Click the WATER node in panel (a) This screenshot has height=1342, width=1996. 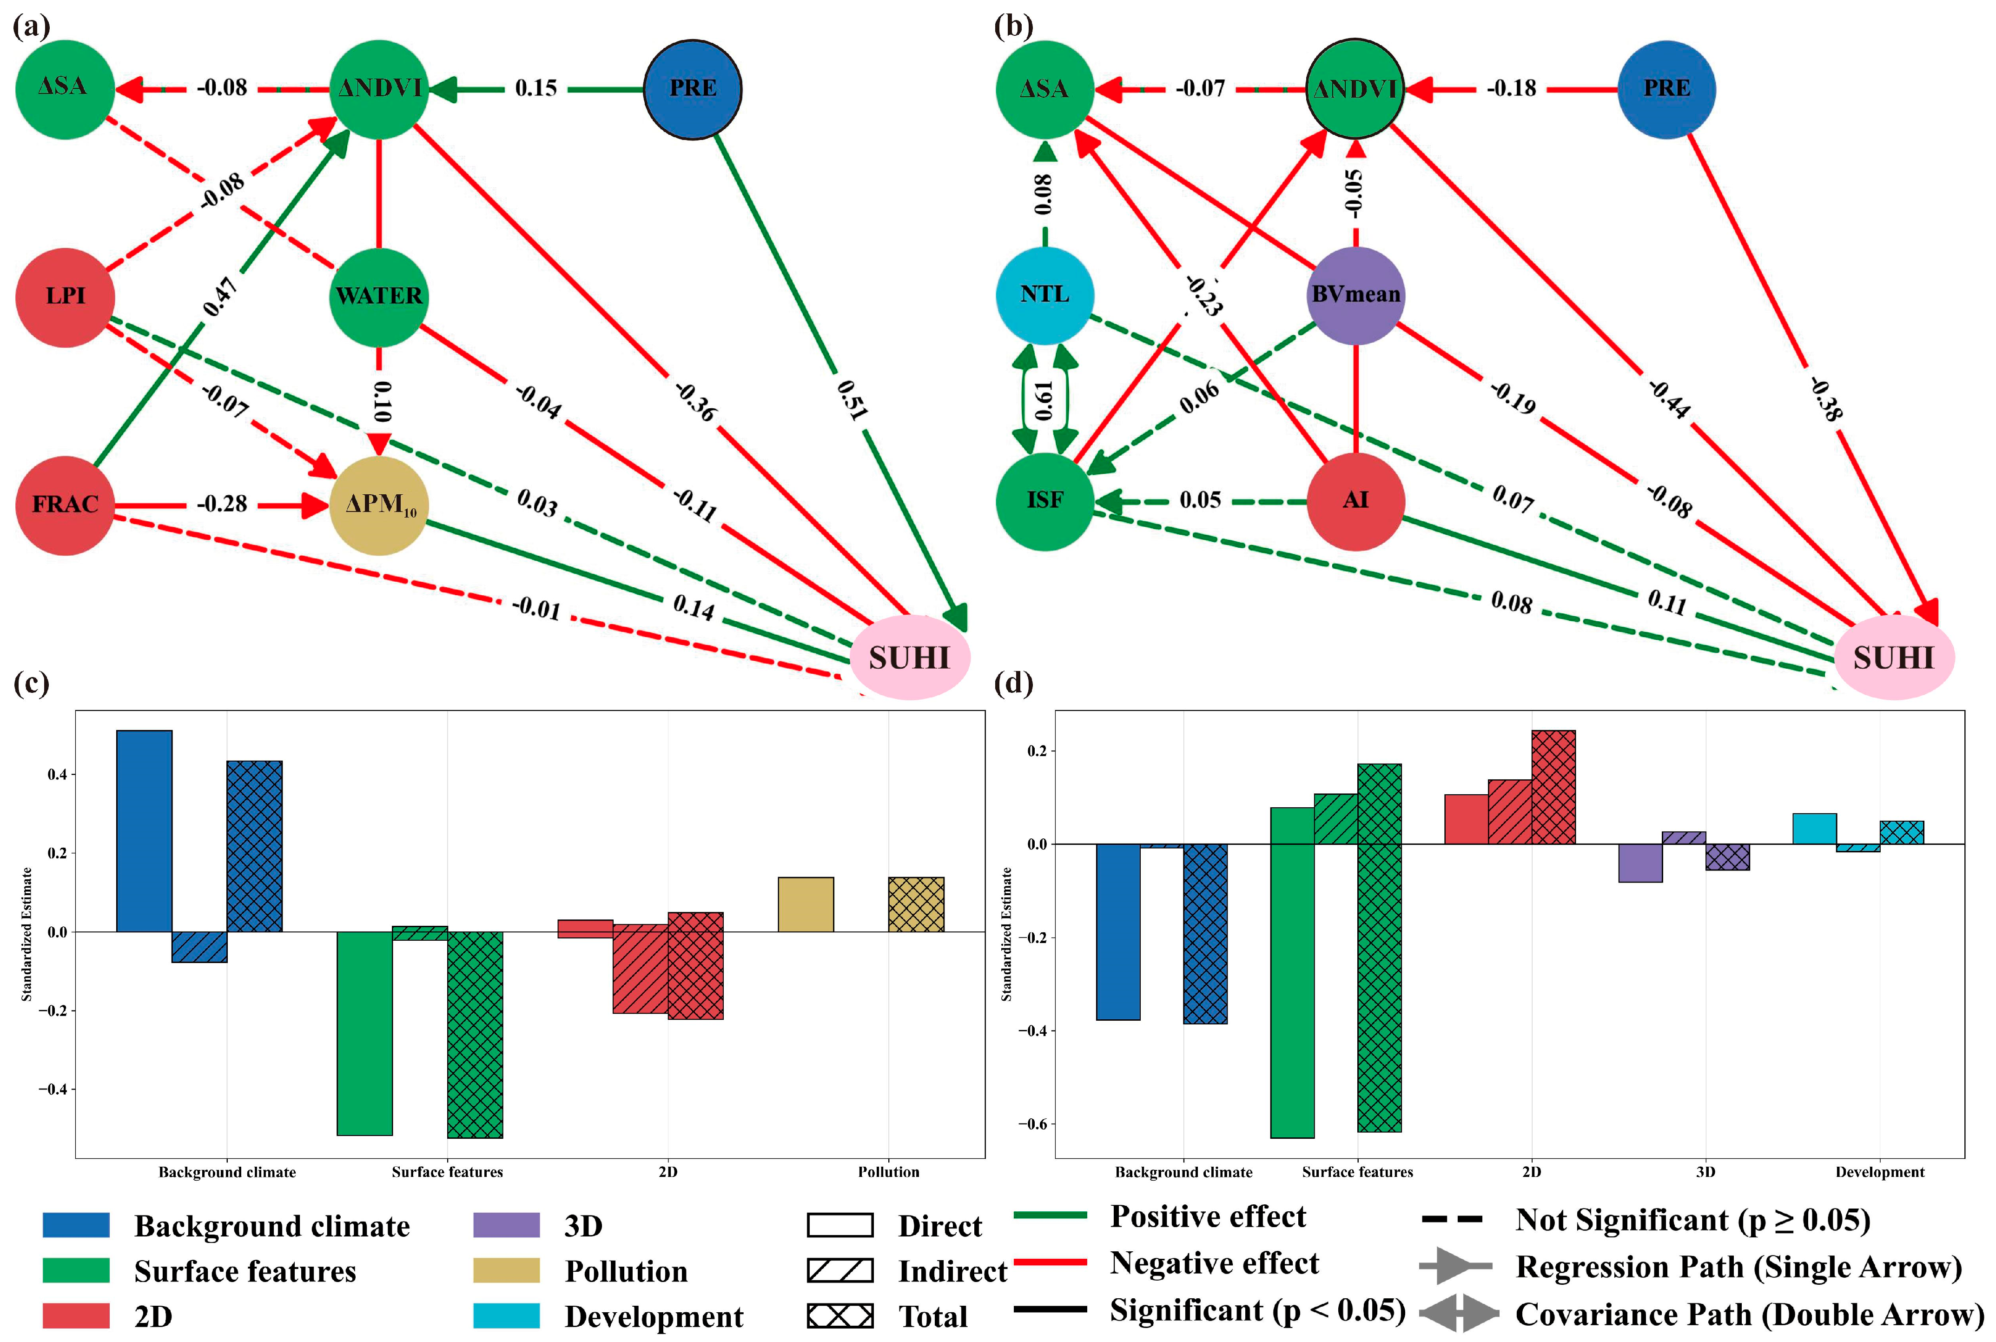[x=379, y=296]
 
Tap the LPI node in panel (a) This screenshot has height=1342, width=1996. [x=65, y=296]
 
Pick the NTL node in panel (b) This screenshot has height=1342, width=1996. [x=1044, y=294]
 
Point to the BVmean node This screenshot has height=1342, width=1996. [x=1356, y=294]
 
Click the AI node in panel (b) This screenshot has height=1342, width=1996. [x=1356, y=501]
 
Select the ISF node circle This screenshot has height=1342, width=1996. [x=1044, y=501]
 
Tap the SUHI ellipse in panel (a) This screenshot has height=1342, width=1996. [x=910, y=658]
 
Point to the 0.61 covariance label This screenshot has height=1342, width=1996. [x=1044, y=400]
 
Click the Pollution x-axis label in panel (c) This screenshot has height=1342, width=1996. [x=888, y=1172]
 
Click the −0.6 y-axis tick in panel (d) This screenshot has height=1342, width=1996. [x=1033, y=1124]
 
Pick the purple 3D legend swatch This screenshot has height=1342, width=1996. [x=507, y=1225]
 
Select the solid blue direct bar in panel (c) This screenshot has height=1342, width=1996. [x=144, y=830]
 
